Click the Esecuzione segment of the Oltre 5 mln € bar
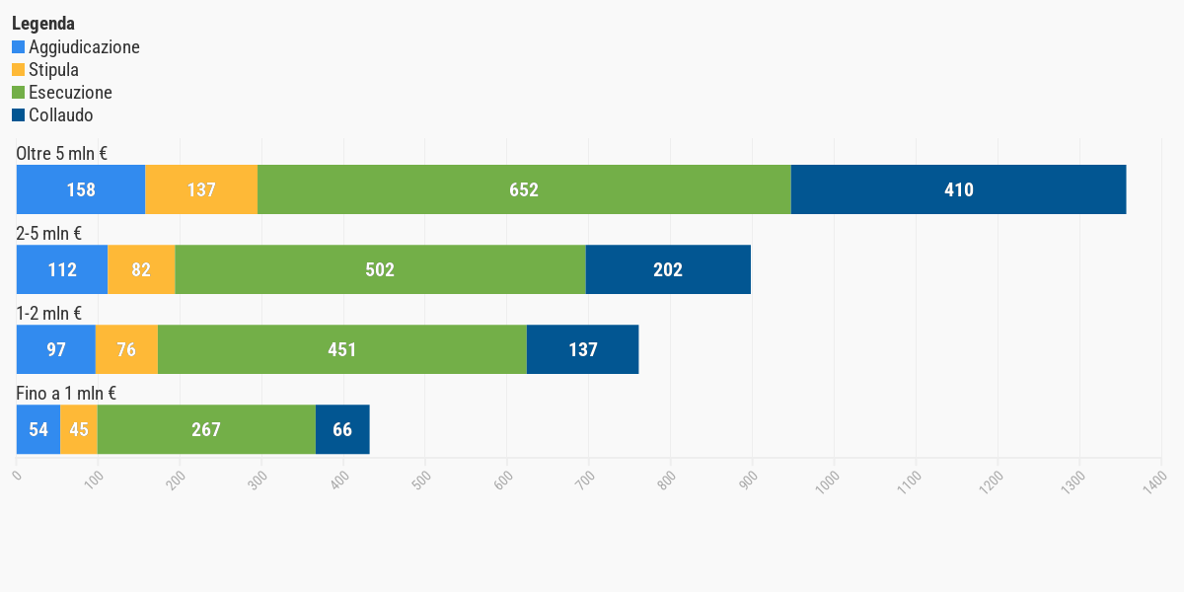(x=524, y=189)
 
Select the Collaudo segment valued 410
(x=958, y=189)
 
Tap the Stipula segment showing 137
(x=201, y=189)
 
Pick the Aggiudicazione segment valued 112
(x=62, y=269)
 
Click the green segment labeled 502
(x=380, y=269)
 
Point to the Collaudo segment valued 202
(x=668, y=269)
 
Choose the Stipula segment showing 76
(x=126, y=349)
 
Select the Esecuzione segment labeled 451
(x=342, y=349)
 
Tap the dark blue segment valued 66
(x=342, y=429)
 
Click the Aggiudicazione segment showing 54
(x=38, y=429)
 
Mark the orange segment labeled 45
(x=79, y=429)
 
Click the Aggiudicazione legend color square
(x=19, y=47)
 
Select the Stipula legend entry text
(x=53, y=70)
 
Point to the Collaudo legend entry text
(x=61, y=115)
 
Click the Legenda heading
(x=43, y=24)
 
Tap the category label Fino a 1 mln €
(x=66, y=394)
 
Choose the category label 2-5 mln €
(x=48, y=234)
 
